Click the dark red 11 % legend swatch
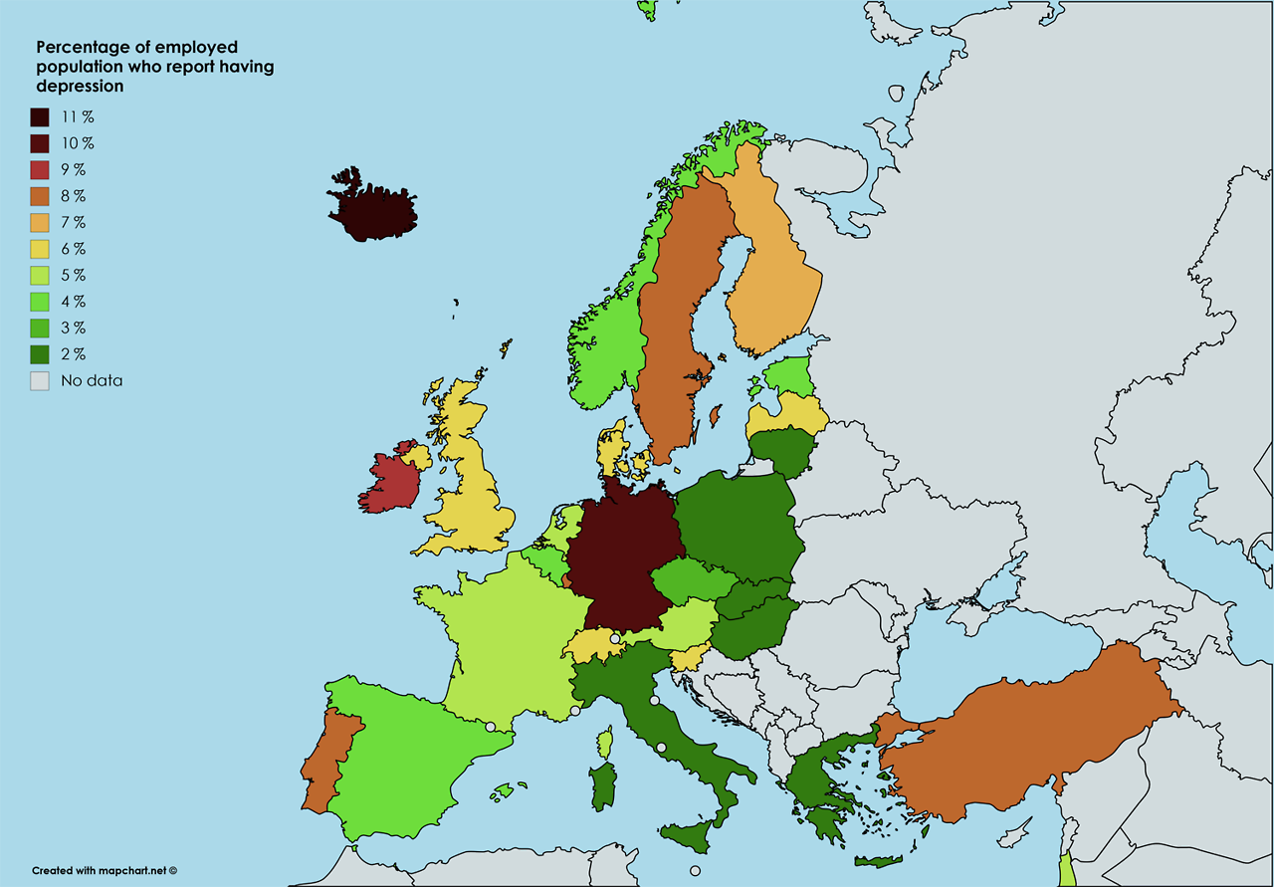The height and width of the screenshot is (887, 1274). (x=40, y=117)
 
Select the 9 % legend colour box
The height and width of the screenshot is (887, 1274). (x=40, y=170)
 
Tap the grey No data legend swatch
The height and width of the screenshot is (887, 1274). (x=40, y=380)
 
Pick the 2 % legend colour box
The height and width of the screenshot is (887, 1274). (x=40, y=354)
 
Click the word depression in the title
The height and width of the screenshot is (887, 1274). (x=80, y=87)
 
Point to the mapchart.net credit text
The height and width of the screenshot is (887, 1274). (x=104, y=870)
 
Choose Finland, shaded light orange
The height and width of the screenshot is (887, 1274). (x=776, y=279)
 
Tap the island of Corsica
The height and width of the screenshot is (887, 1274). (x=604, y=742)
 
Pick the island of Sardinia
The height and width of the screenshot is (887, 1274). (x=601, y=786)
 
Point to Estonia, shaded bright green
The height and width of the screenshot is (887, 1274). (x=791, y=376)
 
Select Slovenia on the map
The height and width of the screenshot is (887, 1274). (x=687, y=659)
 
